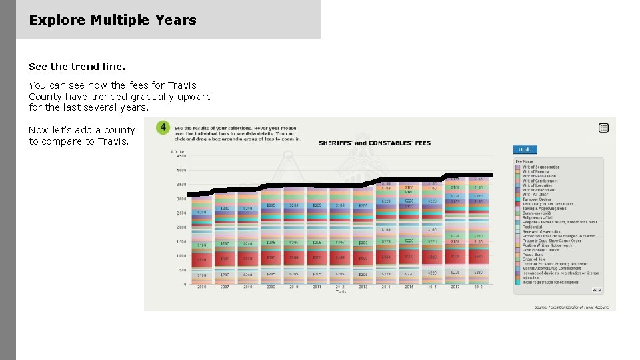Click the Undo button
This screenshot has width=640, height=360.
(525, 149)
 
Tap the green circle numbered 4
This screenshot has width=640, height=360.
(163, 127)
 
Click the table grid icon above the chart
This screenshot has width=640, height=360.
(603, 127)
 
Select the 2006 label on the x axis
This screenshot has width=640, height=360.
(202, 287)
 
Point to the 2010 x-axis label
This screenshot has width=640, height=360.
(293, 287)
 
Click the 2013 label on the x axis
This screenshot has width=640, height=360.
(363, 287)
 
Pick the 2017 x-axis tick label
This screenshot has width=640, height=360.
(455, 287)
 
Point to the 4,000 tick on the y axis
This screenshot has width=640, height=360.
(181, 170)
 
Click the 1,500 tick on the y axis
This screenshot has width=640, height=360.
(181, 241)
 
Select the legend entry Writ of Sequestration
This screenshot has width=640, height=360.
(541, 167)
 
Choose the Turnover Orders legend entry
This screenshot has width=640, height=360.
(537, 199)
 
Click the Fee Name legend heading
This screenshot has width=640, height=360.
(524, 161)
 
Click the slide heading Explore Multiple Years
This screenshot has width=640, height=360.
(113, 20)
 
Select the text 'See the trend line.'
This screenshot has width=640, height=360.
(77, 67)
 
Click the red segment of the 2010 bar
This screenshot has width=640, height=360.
(293, 257)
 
